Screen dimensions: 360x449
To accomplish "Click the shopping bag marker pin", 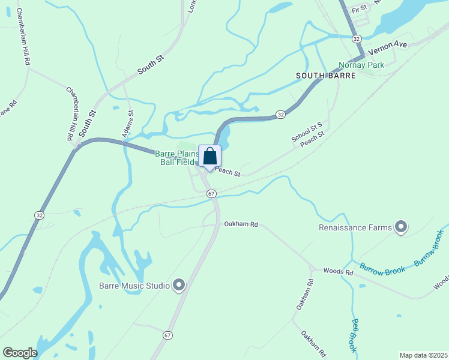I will [x=209, y=157].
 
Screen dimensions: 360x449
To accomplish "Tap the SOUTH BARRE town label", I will [x=326, y=76].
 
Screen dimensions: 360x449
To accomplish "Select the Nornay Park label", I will [x=361, y=65].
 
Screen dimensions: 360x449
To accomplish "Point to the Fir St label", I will [x=360, y=10].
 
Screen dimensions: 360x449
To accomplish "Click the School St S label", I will [x=307, y=133].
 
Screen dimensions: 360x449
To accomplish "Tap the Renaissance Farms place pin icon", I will [x=401, y=227].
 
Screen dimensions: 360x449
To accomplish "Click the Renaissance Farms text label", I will [x=355, y=228].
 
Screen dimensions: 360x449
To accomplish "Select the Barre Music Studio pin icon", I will [x=179, y=285].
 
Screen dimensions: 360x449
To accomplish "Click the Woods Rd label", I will [x=338, y=272].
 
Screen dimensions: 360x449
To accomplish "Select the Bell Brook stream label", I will [x=354, y=335].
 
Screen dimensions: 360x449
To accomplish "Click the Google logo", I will [x=20, y=353].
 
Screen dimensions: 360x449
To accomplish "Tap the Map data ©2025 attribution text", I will [x=423, y=355].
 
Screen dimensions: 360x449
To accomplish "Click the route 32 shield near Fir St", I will [x=357, y=38].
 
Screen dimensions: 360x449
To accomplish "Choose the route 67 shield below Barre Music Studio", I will [x=167, y=335].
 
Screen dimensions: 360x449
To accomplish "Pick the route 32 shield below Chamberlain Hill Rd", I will [x=40, y=215].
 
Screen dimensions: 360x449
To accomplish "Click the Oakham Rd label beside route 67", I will [x=241, y=224].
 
